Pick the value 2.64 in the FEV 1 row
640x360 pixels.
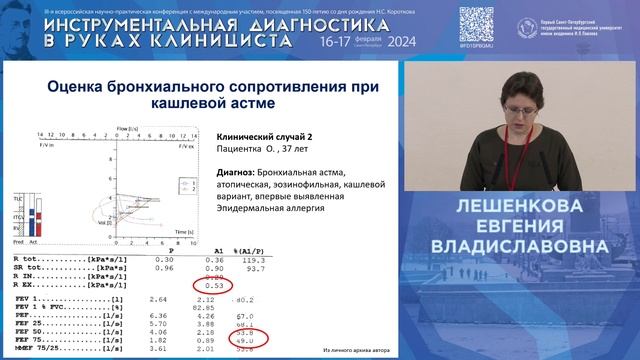pos(156,298)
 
